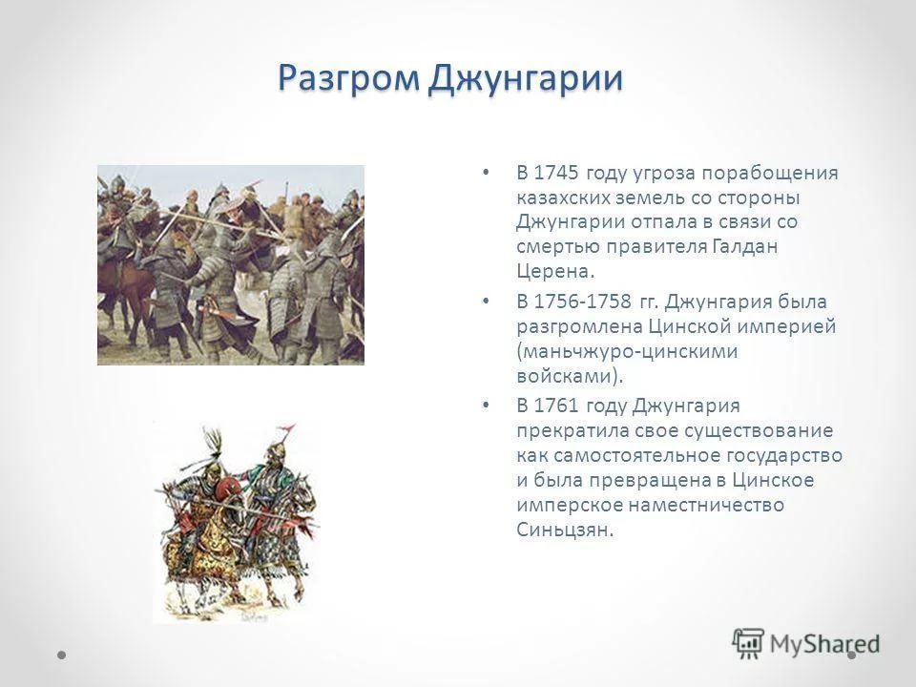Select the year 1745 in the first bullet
pos(555,173)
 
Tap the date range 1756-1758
pos(582,302)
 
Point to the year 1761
pos(555,406)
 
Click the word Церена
pos(555,271)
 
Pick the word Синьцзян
pos(565,530)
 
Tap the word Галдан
pos(745,246)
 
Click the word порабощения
pos(769,174)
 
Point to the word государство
pos(784,456)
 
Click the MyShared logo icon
pos(748,644)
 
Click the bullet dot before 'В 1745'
pos(485,173)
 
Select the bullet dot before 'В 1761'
pos(485,406)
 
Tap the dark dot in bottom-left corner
pos(62,656)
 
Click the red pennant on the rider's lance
pos(288,431)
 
